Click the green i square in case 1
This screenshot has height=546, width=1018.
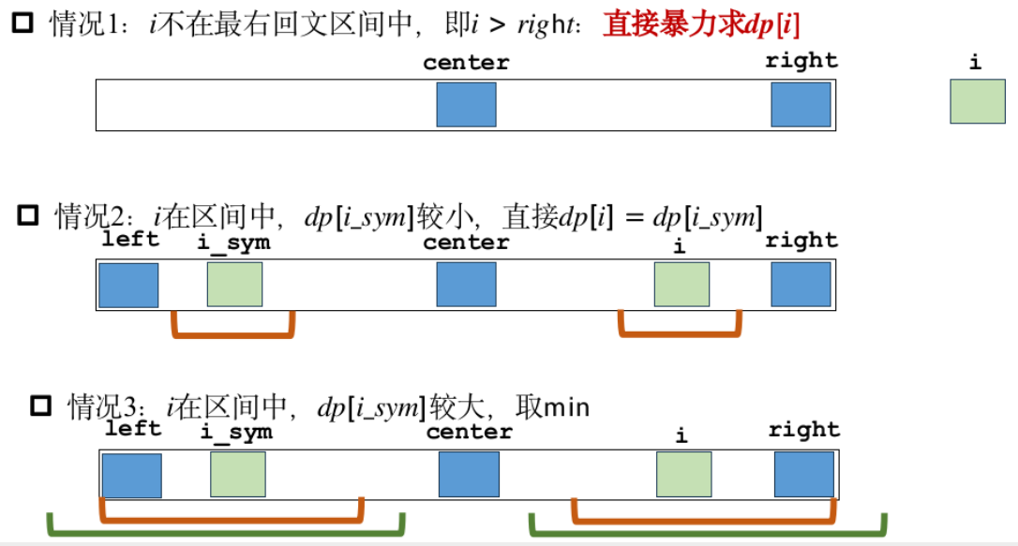click(978, 102)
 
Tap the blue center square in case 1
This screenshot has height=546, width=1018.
click(466, 104)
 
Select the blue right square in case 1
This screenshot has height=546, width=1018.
click(801, 104)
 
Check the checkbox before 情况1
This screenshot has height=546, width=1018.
click(22, 23)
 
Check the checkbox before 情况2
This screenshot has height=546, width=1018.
click(29, 216)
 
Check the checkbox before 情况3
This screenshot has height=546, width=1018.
click(40, 406)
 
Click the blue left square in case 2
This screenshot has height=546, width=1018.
click(128, 285)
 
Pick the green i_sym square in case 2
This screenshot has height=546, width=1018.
click(234, 285)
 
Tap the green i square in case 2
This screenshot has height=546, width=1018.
click(681, 285)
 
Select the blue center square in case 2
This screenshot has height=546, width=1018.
click(466, 285)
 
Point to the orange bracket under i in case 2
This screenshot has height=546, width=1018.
click(681, 331)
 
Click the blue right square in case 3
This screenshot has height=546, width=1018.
click(803, 475)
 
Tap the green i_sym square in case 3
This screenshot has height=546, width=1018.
click(237, 475)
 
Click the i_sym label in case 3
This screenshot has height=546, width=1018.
click(236, 432)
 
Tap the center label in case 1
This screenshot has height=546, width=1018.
click(466, 63)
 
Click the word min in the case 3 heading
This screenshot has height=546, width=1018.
click(566, 407)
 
